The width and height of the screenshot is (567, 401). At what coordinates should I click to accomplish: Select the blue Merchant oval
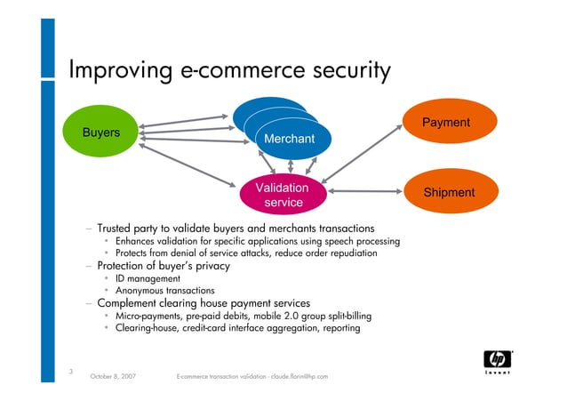pyautogui.click(x=289, y=140)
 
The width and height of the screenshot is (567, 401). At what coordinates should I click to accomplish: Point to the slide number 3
pyautogui.click(x=70, y=370)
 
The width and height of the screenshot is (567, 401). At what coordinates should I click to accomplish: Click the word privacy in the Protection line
pyautogui.click(x=210, y=266)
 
